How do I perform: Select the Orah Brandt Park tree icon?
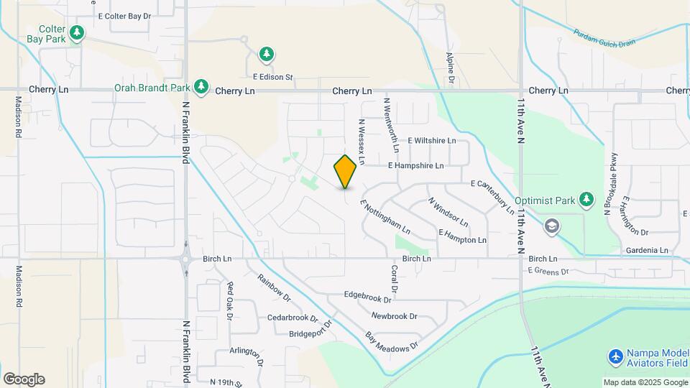(201, 88)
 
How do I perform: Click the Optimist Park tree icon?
(587, 199)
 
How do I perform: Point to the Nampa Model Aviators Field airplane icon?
(615, 356)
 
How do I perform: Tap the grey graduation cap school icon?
(552, 226)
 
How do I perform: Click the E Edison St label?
(273, 77)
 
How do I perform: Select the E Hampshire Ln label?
(415, 165)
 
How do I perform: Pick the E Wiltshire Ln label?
(432, 141)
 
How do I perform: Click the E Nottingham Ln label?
(385, 217)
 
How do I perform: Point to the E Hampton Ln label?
(462, 236)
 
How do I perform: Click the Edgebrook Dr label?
(372, 295)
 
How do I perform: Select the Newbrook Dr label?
(394, 316)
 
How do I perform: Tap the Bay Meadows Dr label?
(391, 342)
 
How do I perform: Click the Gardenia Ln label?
(647, 250)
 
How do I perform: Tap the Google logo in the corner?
(24, 379)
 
